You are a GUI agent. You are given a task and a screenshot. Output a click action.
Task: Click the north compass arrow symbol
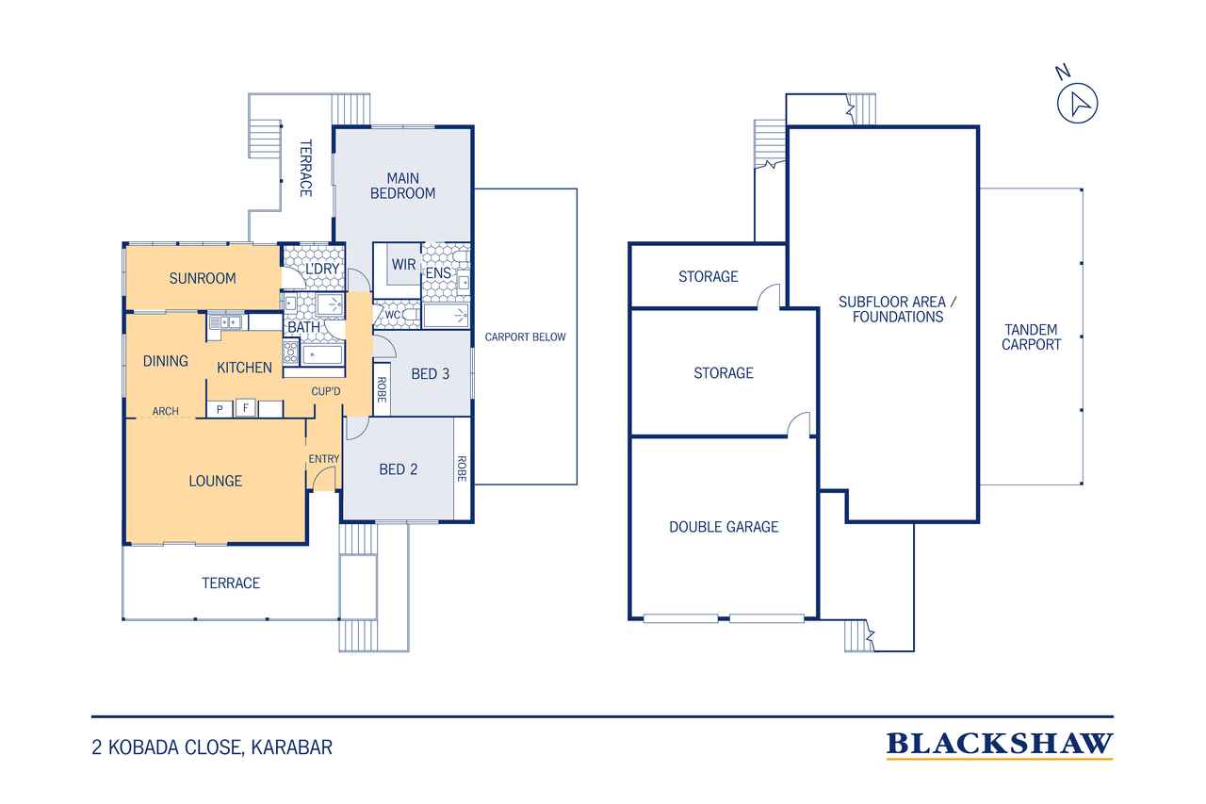1077,104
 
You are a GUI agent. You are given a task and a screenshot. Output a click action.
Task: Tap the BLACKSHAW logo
1000,745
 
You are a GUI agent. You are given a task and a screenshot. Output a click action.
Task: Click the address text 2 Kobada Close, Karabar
212,747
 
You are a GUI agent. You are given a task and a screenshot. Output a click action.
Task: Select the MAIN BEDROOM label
402,186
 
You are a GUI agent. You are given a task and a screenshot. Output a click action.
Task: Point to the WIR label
404,265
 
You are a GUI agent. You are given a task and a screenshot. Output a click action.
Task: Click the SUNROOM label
203,278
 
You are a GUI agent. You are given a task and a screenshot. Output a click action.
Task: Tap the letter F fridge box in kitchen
246,408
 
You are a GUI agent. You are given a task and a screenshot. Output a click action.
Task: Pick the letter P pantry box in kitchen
220,409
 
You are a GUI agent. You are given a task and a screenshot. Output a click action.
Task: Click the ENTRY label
323,459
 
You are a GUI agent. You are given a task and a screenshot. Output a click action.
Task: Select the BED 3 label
431,374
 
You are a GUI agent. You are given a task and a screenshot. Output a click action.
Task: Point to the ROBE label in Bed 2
462,468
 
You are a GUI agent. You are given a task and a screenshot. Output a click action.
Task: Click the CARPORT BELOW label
526,337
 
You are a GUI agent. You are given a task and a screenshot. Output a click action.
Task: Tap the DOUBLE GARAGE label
724,527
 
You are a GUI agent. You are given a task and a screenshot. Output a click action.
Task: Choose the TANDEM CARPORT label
1031,337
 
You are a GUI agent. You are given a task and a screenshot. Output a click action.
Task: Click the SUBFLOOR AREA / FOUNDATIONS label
898,309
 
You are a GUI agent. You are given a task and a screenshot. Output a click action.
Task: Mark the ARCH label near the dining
165,411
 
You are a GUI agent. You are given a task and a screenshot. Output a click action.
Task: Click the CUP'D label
326,391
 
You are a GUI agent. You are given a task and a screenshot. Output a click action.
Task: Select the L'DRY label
322,269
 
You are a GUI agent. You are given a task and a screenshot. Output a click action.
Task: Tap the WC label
393,315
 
